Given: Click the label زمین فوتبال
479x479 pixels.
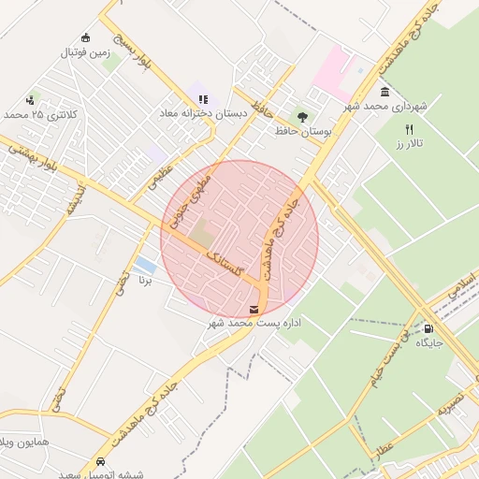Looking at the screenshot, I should [x=86, y=53].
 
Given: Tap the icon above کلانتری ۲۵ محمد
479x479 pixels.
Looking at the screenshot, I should [x=31, y=99].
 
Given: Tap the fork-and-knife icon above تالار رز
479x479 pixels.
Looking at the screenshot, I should [x=409, y=129].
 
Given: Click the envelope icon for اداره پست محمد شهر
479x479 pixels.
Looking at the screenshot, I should [x=254, y=309].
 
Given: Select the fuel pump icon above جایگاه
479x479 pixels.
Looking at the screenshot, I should [x=428, y=327].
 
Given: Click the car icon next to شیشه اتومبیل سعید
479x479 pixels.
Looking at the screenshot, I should [x=100, y=461].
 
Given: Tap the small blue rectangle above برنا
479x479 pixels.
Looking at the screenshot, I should [x=145, y=265].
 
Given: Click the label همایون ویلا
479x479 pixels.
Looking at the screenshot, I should [x=31, y=441].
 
